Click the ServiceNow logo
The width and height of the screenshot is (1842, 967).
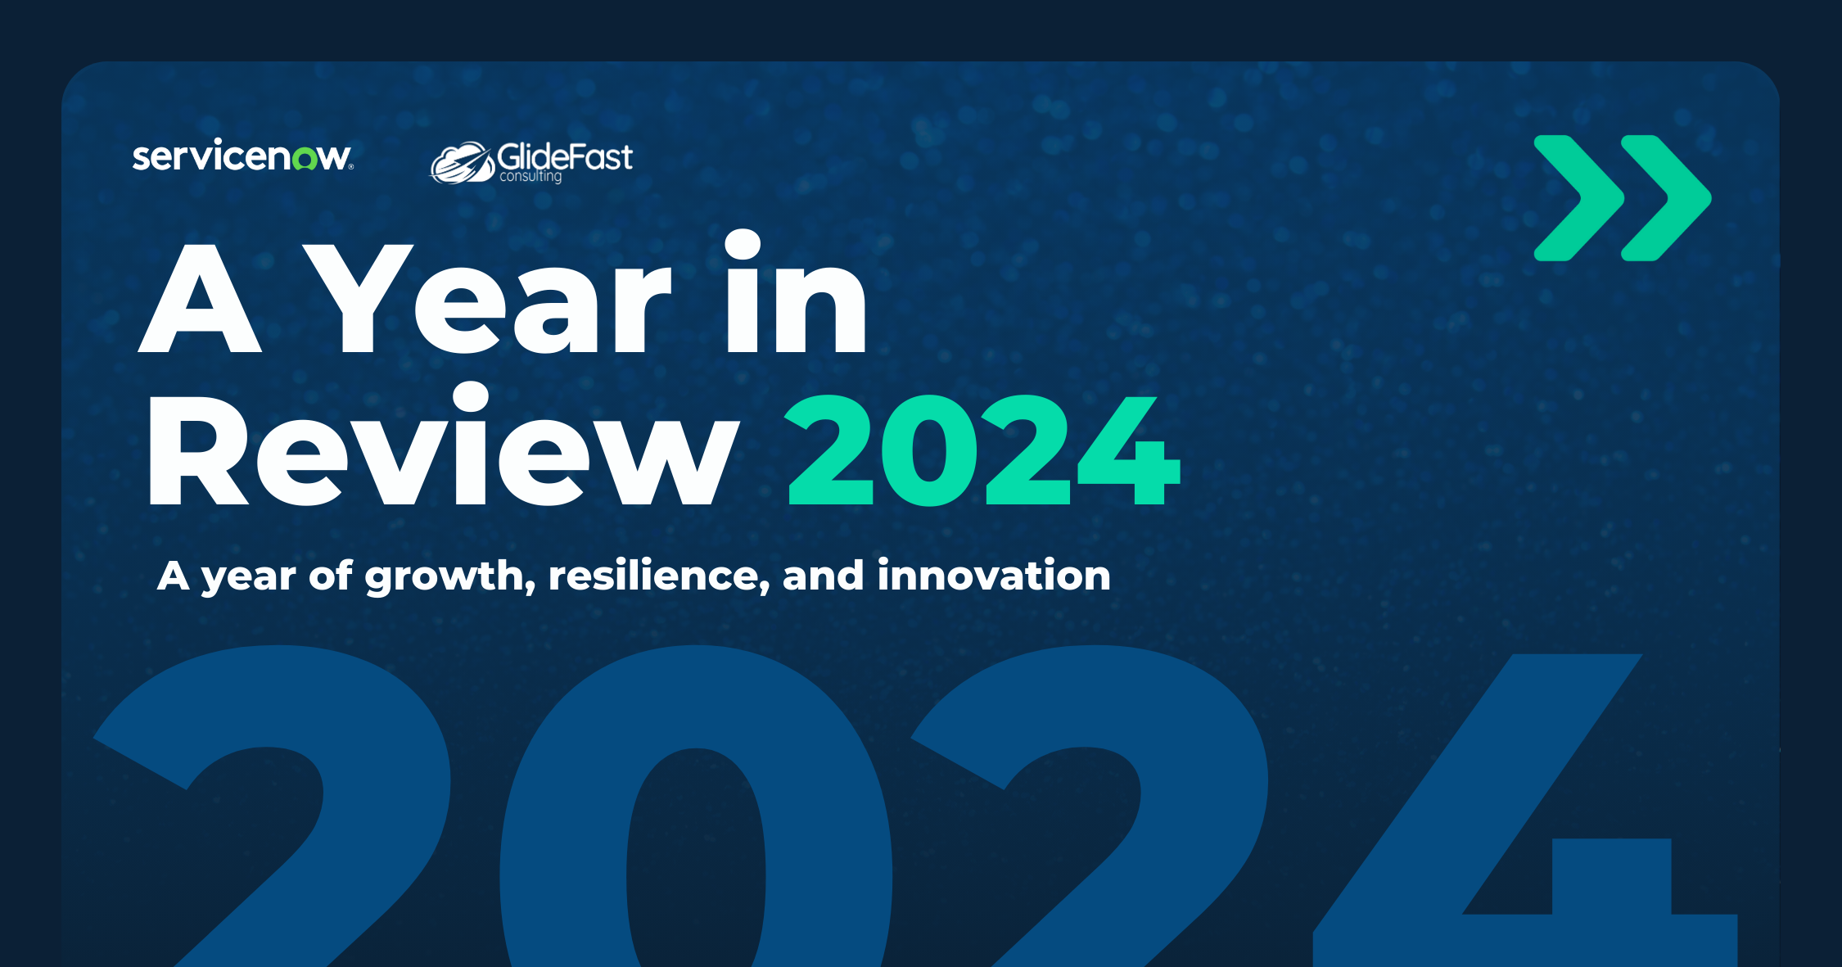pyautogui.click(x=242, y=156)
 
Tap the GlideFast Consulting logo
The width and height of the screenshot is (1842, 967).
pyautogui.click(x=532, y=161)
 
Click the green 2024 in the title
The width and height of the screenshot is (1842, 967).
pyautogui.click(x=982, y=450)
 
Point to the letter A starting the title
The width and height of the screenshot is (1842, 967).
pyautogui.click(x=201, y=299)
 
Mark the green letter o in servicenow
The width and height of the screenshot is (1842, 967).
pyautogui.click(x=305, y=159)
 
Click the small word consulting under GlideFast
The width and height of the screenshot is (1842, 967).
pyautogui.click(x=530, y=176)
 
